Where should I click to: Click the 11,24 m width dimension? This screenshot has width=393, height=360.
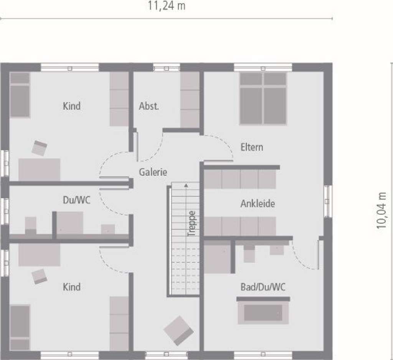click(167, 6)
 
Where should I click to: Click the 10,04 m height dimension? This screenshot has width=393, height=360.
click(381, 211)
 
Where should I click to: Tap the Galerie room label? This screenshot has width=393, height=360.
click(153, 172)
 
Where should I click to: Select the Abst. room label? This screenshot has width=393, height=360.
click(149, 106)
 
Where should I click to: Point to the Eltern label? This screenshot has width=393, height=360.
click(252, 147)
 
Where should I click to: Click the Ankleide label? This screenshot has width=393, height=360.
click(258, 203)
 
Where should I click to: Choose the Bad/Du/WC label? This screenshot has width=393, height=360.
click(263, 287)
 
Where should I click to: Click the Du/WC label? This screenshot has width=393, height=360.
click(76, 200)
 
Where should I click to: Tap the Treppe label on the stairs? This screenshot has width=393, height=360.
click(192, 223)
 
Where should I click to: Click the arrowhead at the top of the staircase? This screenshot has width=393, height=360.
click(186, 185)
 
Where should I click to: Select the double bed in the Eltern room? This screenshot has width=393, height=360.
click(263, 99)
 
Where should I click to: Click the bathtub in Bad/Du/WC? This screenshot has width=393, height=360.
click(263, 312)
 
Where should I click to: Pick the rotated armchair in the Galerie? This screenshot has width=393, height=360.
click(178, 330)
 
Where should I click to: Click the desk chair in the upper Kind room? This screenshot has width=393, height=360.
click(39, 148)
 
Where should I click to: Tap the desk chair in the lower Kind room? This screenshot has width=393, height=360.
click(40, 276)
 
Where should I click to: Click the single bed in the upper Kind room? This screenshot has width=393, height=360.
click(20, 95)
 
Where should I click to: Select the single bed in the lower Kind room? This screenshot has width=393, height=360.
click(20, 327)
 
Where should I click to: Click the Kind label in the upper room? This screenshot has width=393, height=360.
click(72, 106)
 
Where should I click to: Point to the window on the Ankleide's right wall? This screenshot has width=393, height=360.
click(328, 201)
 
